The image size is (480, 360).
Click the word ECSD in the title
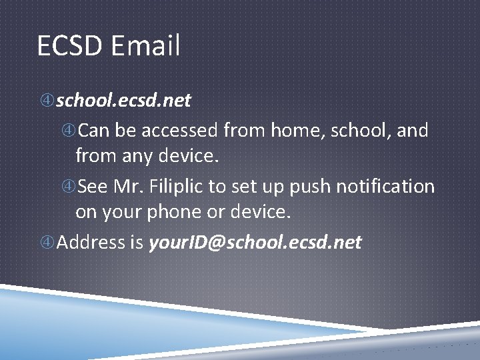coord(70,46)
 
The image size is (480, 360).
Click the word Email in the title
coord(145,46)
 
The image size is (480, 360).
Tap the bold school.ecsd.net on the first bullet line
coord(123,100)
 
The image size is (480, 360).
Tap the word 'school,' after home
coord(357,130)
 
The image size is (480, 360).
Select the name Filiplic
coord(175,186)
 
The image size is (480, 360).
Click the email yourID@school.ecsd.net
coord(255,241)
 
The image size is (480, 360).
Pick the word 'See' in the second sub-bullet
coord(91,186)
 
